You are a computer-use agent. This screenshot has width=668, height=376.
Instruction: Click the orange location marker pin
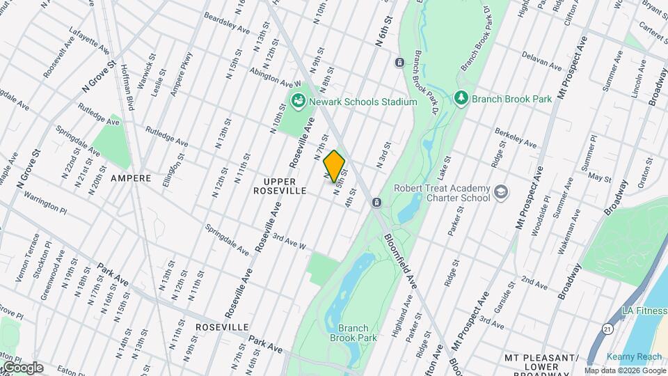[x=334, y=166]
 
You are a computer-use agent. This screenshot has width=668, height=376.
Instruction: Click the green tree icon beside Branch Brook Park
[x=460, y=98]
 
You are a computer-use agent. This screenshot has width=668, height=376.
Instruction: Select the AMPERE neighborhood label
[x=131, y=178]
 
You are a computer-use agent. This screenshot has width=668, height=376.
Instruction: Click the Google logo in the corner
[x=22, y=368]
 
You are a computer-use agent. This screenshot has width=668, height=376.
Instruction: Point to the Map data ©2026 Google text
[x=625, y=371]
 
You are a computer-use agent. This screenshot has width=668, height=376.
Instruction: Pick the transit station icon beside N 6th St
[x=399, y=63]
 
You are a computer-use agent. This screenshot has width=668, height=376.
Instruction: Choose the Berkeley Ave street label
[x=515, y=137]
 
